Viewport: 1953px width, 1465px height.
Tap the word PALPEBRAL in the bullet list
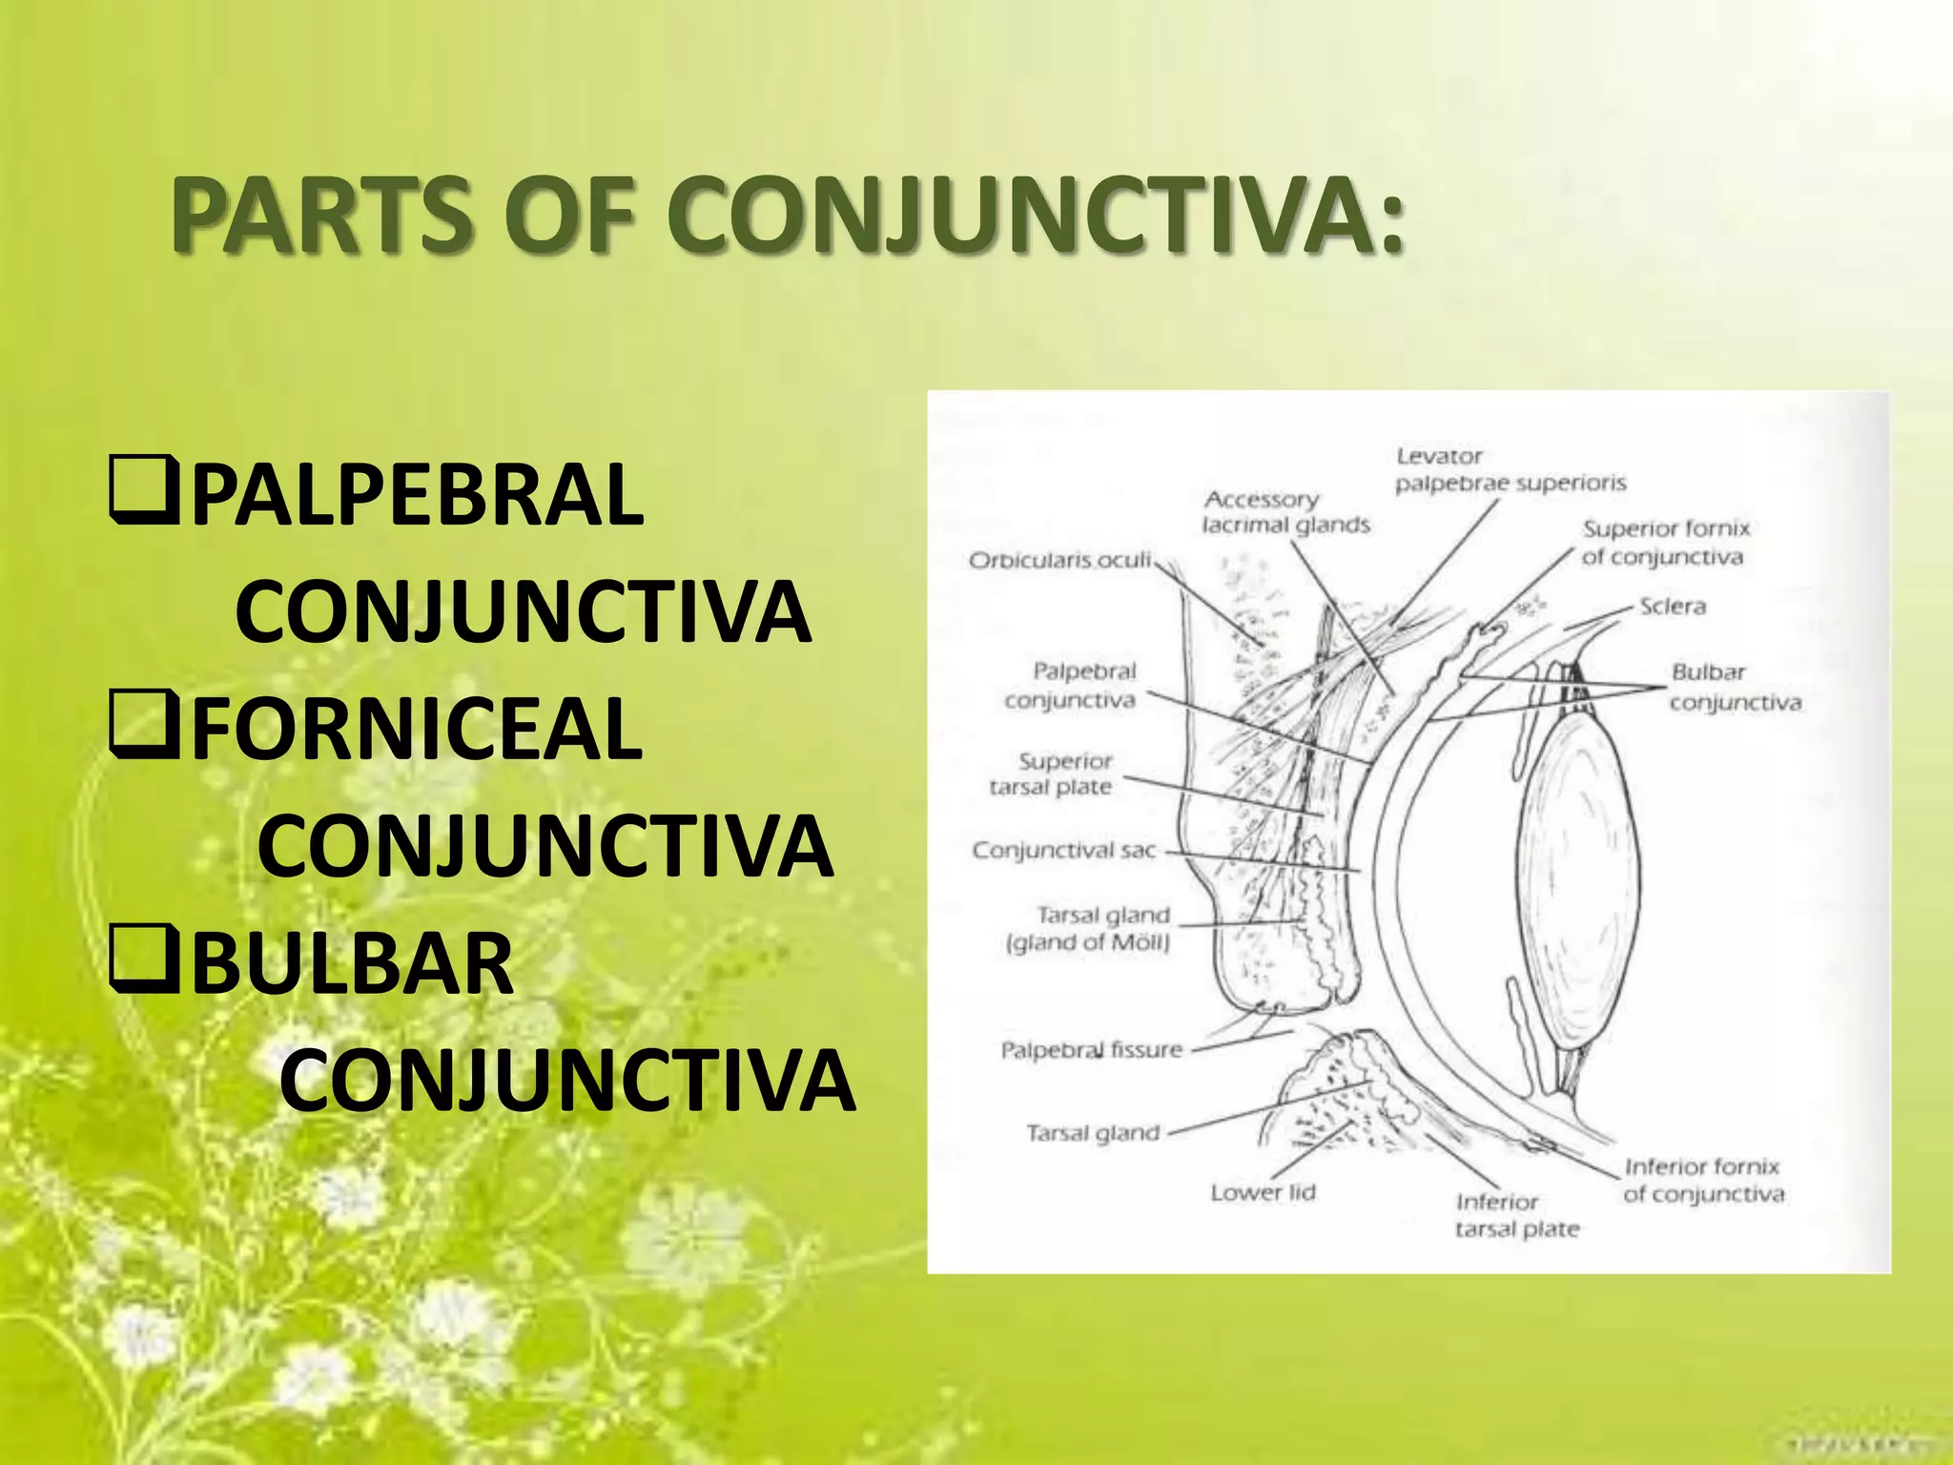tap(417, 495)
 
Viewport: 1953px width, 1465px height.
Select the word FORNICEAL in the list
tap(417, 730)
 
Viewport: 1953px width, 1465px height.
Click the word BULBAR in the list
tap(353, 964)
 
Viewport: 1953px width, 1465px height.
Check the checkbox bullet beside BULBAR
tap(144, 962)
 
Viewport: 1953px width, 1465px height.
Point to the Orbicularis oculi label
tap(1060, 560)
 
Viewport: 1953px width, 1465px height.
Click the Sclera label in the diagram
tap(1673, 607)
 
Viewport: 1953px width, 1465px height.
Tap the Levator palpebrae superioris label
tap(1510, 470)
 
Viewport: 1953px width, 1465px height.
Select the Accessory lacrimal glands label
tap(1285, 512)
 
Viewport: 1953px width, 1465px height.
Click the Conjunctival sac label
tap(1063, 850)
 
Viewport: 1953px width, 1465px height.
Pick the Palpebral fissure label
tap(1091, 1050)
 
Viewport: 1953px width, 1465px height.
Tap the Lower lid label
tap(1263, 1193)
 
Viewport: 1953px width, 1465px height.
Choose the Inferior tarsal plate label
tap(1516, 1216)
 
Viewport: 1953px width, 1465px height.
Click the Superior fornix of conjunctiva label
tap(1666, 543)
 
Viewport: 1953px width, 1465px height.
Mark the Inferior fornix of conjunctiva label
tap(1703, 1180)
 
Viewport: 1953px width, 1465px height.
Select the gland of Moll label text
tap(1088, 943)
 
